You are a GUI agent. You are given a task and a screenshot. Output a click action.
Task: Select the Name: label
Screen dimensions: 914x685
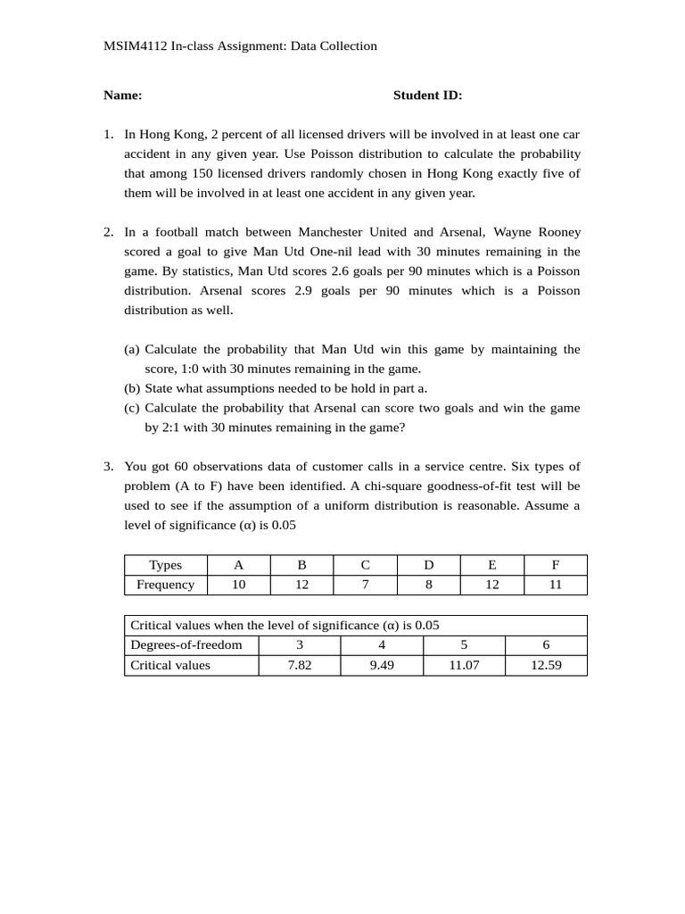[x=123, y=96]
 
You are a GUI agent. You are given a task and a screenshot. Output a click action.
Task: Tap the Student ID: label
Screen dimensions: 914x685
[x=428, y=96]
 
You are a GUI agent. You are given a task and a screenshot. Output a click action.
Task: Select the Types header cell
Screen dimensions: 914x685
[x=166, y=565]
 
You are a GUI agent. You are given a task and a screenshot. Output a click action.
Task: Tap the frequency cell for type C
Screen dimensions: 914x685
[x=365, y=585]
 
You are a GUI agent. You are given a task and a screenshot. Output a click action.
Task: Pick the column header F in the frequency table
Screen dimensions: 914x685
[x=555, y=565]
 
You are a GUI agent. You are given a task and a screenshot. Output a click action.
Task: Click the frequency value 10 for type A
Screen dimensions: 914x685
[x=238, y=585]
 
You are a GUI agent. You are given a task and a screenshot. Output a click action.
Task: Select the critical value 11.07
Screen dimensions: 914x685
[x=464, y=665]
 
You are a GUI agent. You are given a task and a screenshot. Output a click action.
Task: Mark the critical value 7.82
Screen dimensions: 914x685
[x=300, y=665]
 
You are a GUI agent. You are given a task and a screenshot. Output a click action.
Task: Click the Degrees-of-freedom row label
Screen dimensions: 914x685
[x=186, y=644]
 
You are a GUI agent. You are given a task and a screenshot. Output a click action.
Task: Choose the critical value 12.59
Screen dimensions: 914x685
[x=546, y=665]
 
